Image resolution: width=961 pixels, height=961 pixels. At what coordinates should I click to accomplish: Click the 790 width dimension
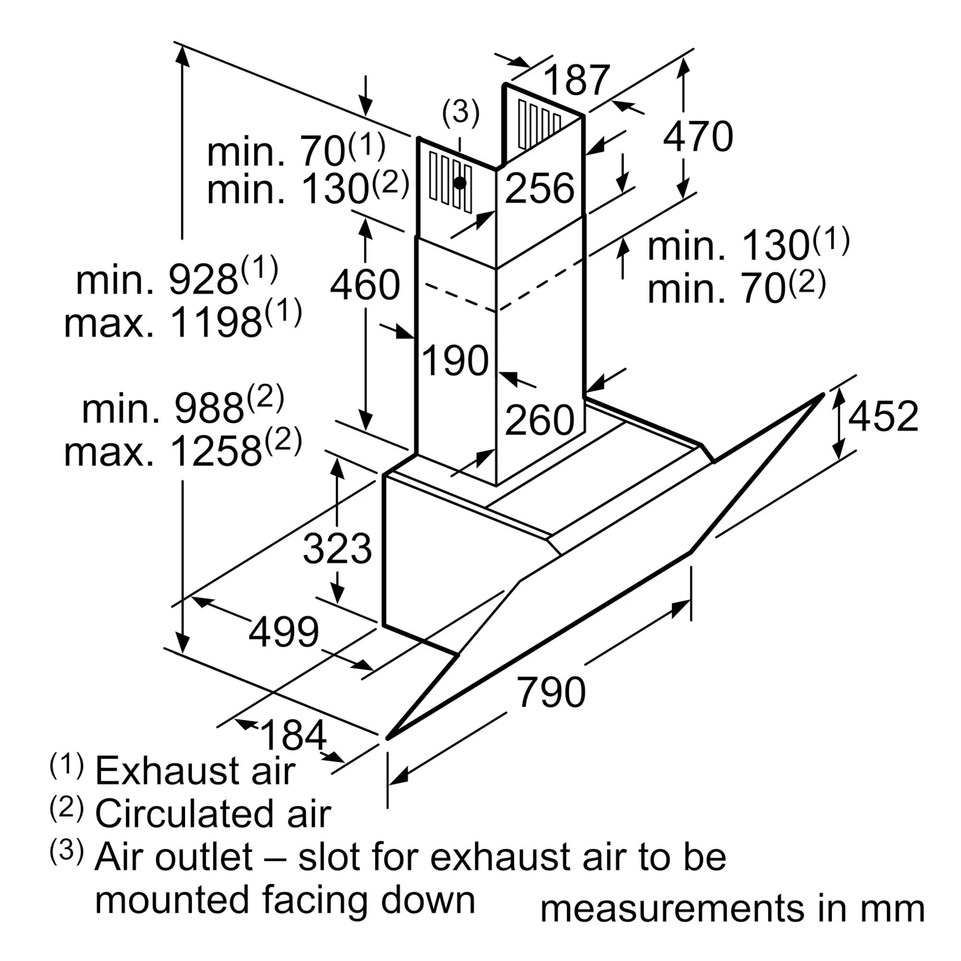click(551, 692)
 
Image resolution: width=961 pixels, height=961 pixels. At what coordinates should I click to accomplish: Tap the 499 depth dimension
click(283, 632)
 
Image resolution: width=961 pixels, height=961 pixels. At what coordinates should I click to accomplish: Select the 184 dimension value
click(293, 736)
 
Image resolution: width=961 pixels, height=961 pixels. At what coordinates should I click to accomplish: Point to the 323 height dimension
click(337, 548)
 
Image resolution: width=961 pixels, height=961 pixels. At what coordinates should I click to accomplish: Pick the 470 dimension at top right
click(698, 136)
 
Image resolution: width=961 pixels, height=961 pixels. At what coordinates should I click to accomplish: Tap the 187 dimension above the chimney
click(577, 80)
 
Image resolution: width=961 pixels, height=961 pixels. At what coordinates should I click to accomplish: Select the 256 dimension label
click(540, 188)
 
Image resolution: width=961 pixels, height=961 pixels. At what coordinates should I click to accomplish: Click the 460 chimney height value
click(365, 284)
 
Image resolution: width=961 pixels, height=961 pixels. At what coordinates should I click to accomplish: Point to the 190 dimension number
click(455, 359)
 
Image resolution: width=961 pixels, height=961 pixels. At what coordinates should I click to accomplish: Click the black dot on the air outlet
click(460, 183)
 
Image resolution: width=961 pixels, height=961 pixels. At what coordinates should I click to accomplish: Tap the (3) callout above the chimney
click(461, 112)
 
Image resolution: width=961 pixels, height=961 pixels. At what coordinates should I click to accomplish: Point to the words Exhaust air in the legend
click(195, 771)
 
